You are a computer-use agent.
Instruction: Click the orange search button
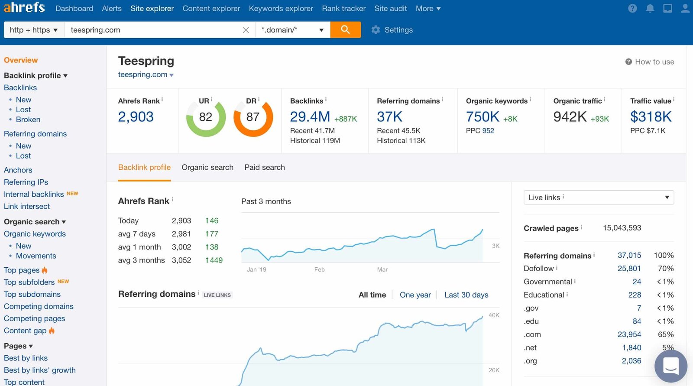(x=345, y=29)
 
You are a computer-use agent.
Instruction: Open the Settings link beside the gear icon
(x=398, y=30)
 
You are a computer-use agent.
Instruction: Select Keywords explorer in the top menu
(x=281, y=8)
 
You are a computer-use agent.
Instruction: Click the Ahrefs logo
(x=24, y=7)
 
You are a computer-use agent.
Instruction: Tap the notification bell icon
(x=650, y=8)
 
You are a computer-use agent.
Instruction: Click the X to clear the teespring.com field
(x=246, y=30)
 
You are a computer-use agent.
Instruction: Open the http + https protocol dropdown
(x=34, y=30)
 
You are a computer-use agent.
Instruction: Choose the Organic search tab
(x=207, y=167)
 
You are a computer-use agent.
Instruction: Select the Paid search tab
(x=264, y=167)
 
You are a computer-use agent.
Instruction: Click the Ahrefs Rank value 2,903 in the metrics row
(x=136, y=117)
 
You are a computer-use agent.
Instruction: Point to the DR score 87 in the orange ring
(x=253, y=117)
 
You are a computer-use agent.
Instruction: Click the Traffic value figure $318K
(x=651, y=117)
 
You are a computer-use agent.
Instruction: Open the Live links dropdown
(x=598, y=198)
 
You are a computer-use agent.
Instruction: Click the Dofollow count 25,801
(x=629, y=269)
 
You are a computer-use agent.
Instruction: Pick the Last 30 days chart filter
(x=466, y=295)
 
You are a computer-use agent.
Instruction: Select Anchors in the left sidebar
(x=18, y=170)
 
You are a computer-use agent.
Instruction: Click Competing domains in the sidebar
(x=39, y=306)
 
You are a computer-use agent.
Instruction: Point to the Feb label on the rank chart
(x=319, y=269)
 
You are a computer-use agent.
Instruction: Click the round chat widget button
(x=670, y=366)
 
